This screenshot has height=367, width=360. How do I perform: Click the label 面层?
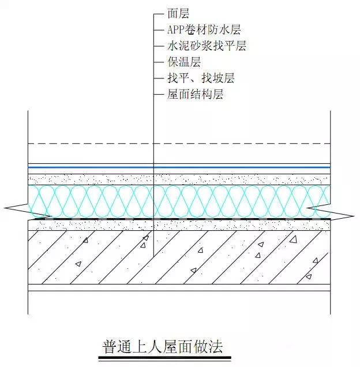coord(178,14)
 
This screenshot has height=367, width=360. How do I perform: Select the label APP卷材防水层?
coord(204,30)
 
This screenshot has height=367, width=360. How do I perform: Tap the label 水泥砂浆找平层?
coord(207,46)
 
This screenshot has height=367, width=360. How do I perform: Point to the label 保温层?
coord(184,62)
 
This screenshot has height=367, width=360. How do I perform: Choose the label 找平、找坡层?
coord(201,78)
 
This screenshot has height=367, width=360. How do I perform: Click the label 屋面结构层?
coord(195,94)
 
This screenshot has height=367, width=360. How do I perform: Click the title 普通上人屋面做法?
coord(163,347)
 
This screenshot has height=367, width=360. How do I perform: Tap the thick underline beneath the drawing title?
coord(164,358)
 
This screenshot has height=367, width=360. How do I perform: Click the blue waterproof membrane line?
coord(179,167)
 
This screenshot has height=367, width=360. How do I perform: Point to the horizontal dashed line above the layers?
coord(179,144)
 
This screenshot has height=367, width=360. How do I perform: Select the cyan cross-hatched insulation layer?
coord(179,201)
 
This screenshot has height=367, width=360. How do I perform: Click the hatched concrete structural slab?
coord(179,257)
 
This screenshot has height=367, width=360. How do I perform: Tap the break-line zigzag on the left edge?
coord(28,210)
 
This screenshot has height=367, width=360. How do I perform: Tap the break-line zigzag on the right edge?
coord(330,214)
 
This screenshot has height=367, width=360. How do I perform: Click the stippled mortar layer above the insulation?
coord(179,179)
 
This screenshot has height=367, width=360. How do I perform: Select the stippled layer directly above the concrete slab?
coord(179,225)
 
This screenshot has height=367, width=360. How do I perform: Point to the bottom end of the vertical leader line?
coord(153,257)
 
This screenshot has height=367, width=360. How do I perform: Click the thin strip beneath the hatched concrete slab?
coord(179,287)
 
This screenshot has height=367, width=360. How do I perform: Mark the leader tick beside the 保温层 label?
coord(158,62)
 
